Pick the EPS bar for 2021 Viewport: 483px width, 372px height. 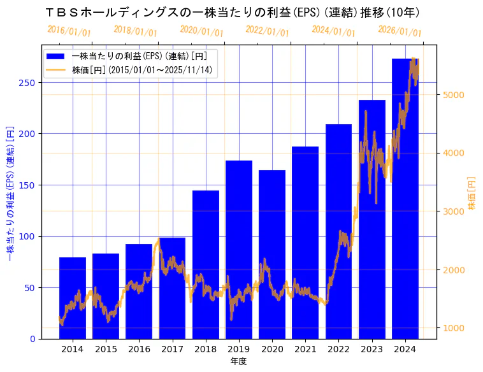click(305, 242)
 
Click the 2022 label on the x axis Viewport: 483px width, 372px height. click(338, 349)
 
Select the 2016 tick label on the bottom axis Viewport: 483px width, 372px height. click(139, 349)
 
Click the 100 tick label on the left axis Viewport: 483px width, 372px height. click(28, 236)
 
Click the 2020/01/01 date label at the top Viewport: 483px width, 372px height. click(201, 31)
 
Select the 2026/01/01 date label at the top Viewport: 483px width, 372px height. click(400, 31)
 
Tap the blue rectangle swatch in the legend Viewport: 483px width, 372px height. click(56, 56)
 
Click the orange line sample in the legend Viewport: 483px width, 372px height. click(56, 69)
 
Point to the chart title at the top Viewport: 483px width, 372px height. click(232, 12)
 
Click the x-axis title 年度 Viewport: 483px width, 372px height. click(238, 361)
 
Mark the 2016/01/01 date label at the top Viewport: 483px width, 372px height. click(69, 31)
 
